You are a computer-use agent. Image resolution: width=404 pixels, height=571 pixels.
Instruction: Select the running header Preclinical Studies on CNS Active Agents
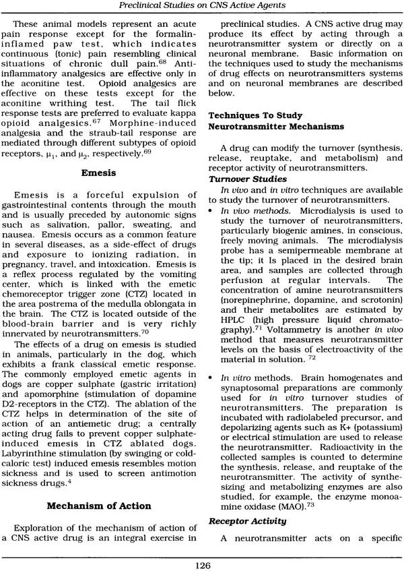203,7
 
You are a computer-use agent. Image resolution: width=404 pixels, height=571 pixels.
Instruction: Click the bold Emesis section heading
100,173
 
